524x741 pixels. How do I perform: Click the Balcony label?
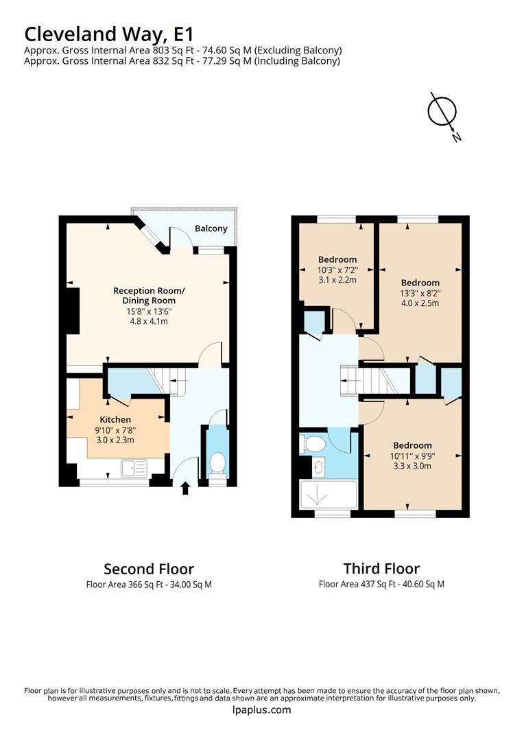[211, 229]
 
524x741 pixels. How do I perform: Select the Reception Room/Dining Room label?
[149, 296]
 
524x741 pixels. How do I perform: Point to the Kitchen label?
[115, 419]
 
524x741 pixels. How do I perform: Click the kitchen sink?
[134, 468]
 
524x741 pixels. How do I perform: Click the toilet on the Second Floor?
[217, 464]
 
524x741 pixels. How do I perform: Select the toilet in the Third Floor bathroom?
[313, 444]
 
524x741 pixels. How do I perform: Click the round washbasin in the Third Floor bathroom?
[319, 468]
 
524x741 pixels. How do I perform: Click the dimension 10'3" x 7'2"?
[337, 270]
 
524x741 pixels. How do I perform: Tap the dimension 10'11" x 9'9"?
[412, 456]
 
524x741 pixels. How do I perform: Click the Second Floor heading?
[149, 569]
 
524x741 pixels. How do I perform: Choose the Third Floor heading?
[381, 568]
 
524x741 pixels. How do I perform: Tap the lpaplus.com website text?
[261, 710]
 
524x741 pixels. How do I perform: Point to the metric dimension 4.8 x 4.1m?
[149, 321]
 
